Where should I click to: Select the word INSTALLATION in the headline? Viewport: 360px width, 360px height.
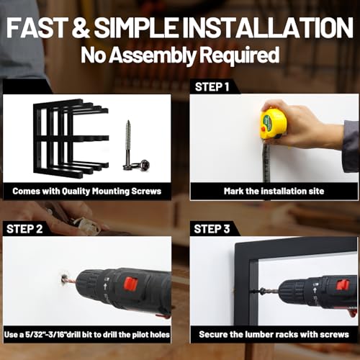(267, 27)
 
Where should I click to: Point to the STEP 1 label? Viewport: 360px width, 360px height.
(212, 87)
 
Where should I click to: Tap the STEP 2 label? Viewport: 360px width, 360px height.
(24, 229)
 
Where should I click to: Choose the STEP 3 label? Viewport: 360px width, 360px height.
(212, 229)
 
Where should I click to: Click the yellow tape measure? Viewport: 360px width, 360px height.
(274, 124)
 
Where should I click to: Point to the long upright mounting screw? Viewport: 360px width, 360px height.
(128, 144)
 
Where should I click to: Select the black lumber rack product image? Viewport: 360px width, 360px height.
(71, 138)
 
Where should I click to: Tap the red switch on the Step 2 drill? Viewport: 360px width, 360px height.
(130, 283)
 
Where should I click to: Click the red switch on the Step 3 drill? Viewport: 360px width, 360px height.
(342, 284)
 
